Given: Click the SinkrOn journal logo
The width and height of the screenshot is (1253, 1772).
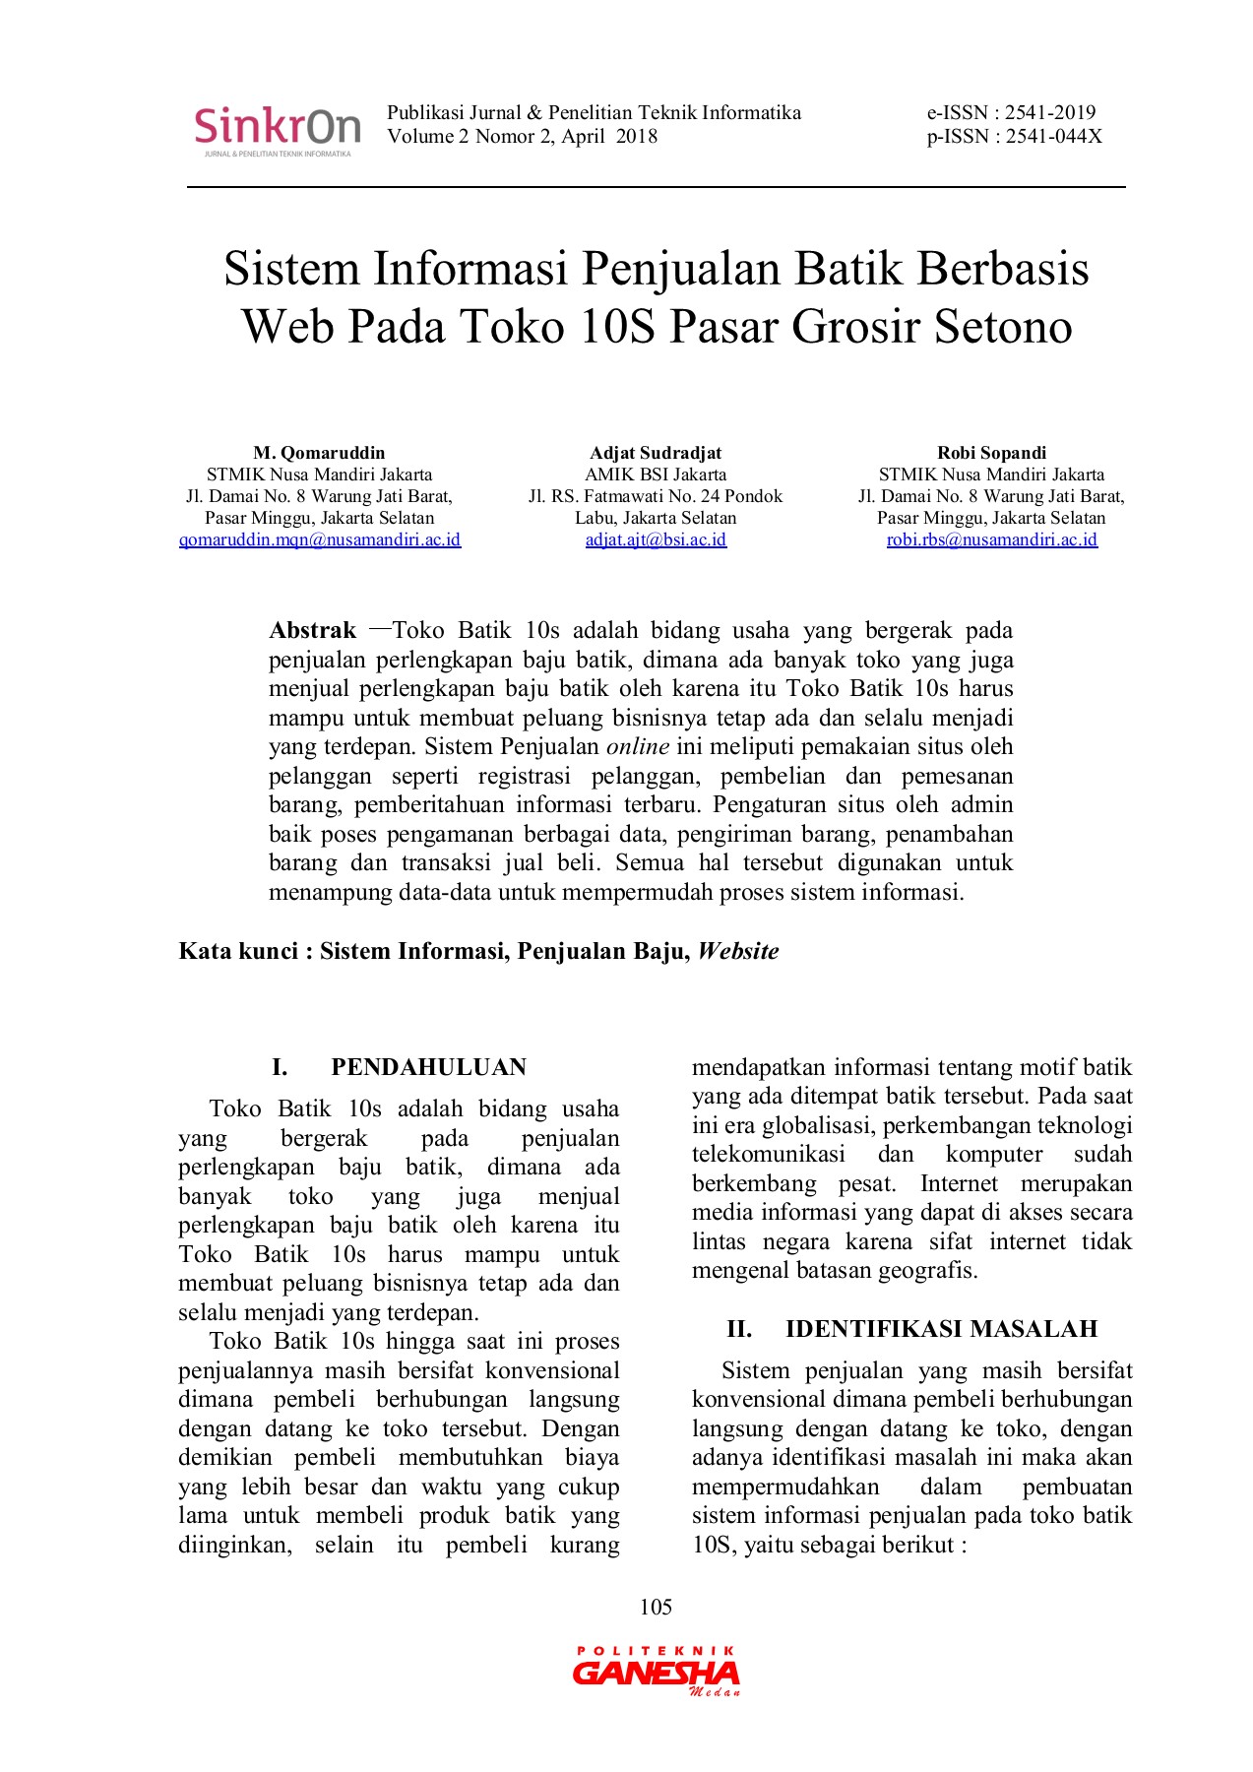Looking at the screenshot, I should (x=277, y=130).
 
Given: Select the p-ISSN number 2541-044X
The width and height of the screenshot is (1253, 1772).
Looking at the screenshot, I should (x=1053, y=137).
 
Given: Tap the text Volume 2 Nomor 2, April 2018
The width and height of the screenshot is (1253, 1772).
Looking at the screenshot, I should (x=522, y=137).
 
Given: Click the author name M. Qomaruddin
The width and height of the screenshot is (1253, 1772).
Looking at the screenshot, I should (x=319, y=453).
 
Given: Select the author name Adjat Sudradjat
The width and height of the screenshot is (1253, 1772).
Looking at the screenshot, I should (x=656, y=453).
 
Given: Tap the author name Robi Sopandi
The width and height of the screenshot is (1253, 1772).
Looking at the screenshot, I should (x=991, y=453).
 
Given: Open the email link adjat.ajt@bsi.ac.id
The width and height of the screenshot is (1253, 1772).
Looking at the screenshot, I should (x=656, y=539).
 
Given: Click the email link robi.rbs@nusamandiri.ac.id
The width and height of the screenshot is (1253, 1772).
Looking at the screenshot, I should (x=991, y=539).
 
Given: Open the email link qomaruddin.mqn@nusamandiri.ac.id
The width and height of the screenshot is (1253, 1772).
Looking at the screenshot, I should (x=319, y=539).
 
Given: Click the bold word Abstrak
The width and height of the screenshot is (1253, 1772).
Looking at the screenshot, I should (x=312, y=631).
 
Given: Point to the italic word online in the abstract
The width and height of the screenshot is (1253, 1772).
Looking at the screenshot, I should (x=637, y=747).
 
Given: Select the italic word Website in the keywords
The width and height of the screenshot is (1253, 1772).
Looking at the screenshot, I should (x=738, y=951).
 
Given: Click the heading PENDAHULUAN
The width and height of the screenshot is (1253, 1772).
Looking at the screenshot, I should (x=428, y=1067).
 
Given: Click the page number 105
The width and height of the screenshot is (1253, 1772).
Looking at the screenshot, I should (x=656, y=1608).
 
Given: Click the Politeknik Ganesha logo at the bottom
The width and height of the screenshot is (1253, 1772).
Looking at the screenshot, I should (x=656, y=1672).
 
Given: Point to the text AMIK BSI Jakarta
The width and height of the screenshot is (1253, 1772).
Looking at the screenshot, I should (x=656, y=475).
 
